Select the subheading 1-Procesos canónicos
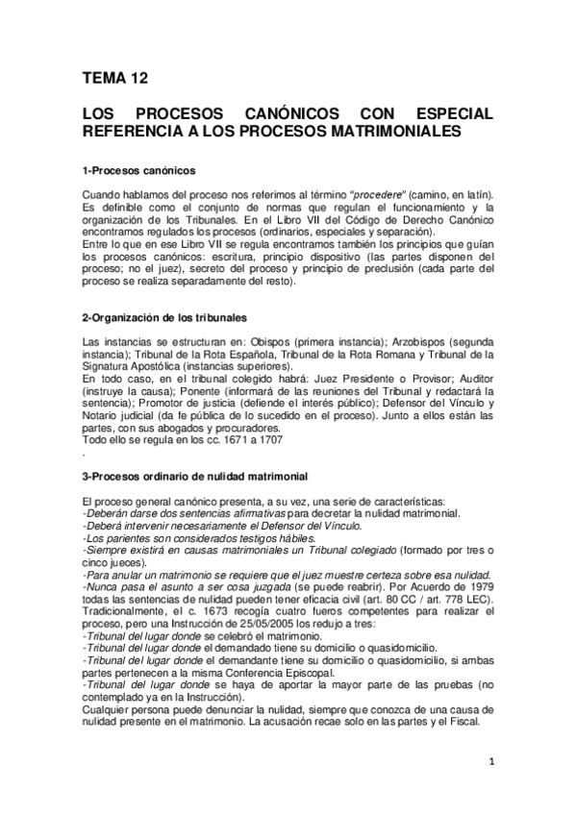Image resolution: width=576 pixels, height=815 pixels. click(x=139, y=170)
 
